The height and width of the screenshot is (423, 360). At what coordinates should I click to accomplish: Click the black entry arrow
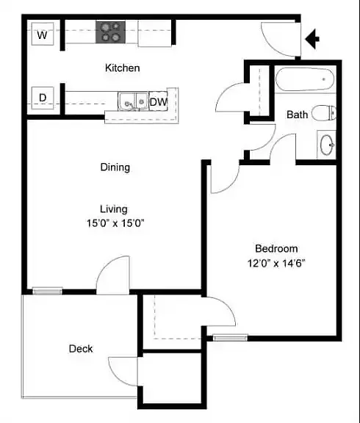coord(312,39)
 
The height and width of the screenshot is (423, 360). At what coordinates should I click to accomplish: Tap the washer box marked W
coord(43,34)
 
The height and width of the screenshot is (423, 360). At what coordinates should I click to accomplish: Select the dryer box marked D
coord(43,98)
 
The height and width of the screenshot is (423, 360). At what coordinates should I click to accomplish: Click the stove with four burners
coord(111,32)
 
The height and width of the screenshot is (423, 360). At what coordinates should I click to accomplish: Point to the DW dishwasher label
coord(159,102)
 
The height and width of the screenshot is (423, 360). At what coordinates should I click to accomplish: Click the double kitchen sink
coord(133,101)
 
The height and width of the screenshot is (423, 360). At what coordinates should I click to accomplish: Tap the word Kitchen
coord(123,68)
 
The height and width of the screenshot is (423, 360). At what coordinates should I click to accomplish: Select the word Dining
coord(115,167)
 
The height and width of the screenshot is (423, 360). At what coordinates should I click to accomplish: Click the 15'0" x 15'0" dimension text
coord(115,223)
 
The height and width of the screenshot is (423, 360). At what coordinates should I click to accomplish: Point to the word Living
coord(114,209)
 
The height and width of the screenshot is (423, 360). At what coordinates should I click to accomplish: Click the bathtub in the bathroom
coord(305,79)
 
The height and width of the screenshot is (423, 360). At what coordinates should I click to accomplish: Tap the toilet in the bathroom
coord(324,113)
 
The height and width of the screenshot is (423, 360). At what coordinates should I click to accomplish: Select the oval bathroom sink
coord(328,145)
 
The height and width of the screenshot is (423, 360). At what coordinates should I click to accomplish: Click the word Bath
coord(297,115)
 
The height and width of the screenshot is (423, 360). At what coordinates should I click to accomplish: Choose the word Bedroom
coord(276,248)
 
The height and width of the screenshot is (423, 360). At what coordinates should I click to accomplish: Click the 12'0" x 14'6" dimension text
coord(276,263)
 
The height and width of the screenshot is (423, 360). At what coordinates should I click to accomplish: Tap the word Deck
coord(81,349)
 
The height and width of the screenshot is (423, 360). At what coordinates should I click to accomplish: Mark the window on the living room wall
coord(48,291)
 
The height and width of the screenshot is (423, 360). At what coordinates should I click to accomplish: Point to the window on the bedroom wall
coord(230,338)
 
